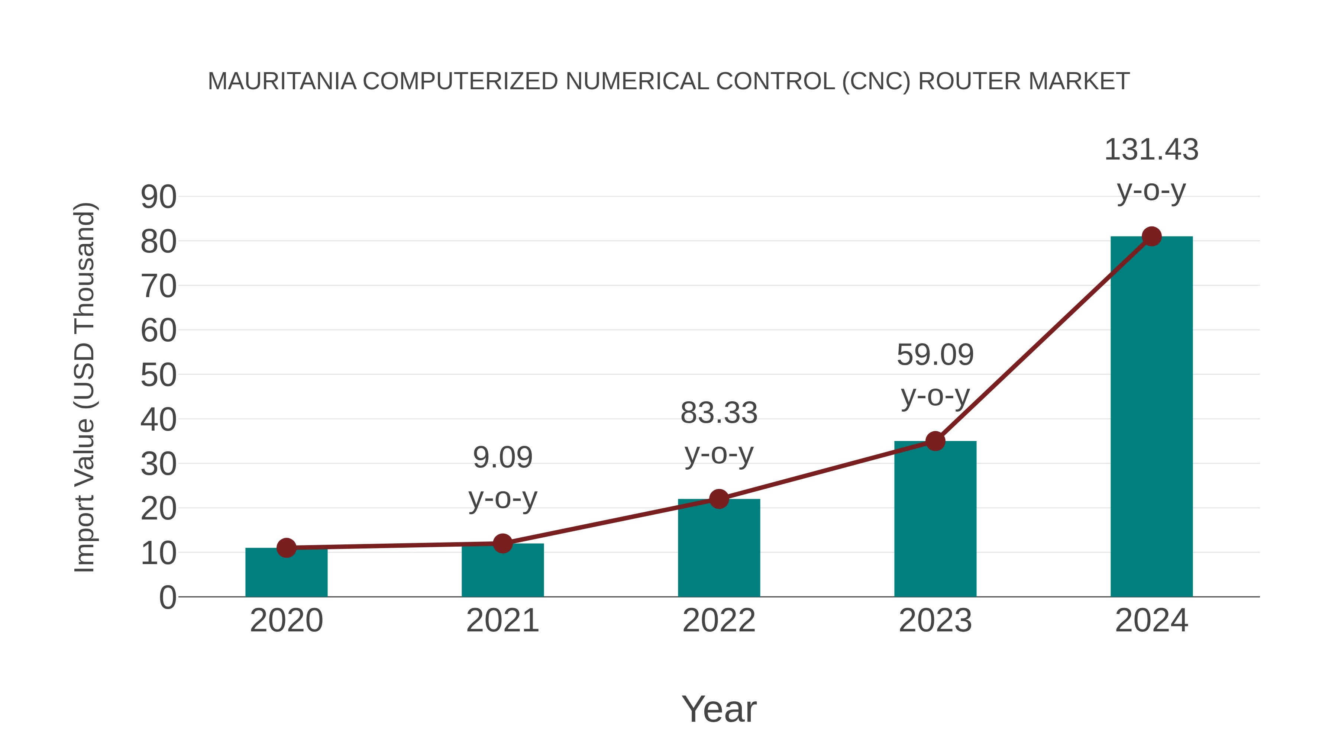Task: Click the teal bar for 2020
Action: pyautogui.click(x=286, y=574)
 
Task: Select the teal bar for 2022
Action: pyautogui.click(x=719, y=551)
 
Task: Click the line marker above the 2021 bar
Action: pyautogui.click(x=502, y=544)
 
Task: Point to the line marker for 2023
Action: pyautogui.click(x=935, y=441)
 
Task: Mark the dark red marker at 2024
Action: pyautogui.click(x=1151, y=236)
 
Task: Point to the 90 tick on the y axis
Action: pyautogui.click(x=158, y=197)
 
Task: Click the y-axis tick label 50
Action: pyautogui.click(x=158, y=375)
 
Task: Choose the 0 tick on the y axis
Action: pyautogui.click(x=167, y=598)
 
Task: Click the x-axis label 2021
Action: pyautogui.click(x=502, y=621)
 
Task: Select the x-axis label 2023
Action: pyautogui.click(x=935, y=621)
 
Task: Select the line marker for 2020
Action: pyautogui.click(x=286, y=548)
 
